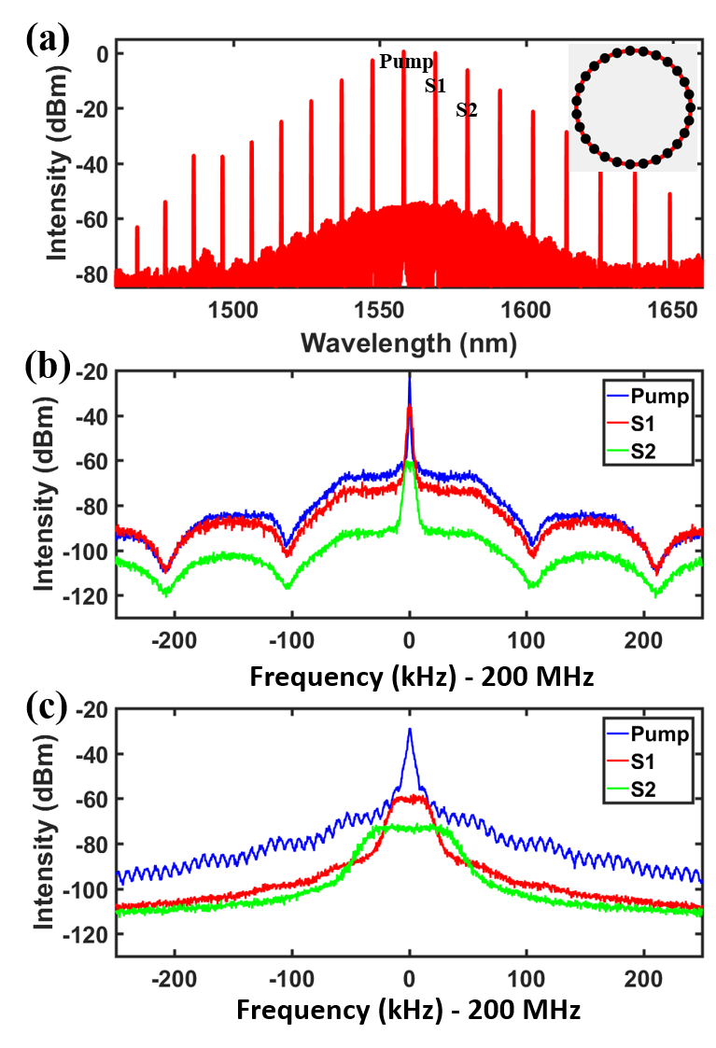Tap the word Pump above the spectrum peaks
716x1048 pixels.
[406, 63]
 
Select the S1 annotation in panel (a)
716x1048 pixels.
[435, 86]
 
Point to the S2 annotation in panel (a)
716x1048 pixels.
[467, 110]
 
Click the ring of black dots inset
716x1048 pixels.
[634, 107]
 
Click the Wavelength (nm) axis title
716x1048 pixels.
[409, 343]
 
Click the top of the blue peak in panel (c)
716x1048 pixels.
[409, 731]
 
